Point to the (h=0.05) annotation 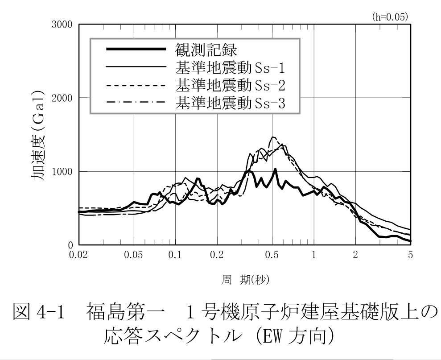pyautogui.click(x=390, y=17)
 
